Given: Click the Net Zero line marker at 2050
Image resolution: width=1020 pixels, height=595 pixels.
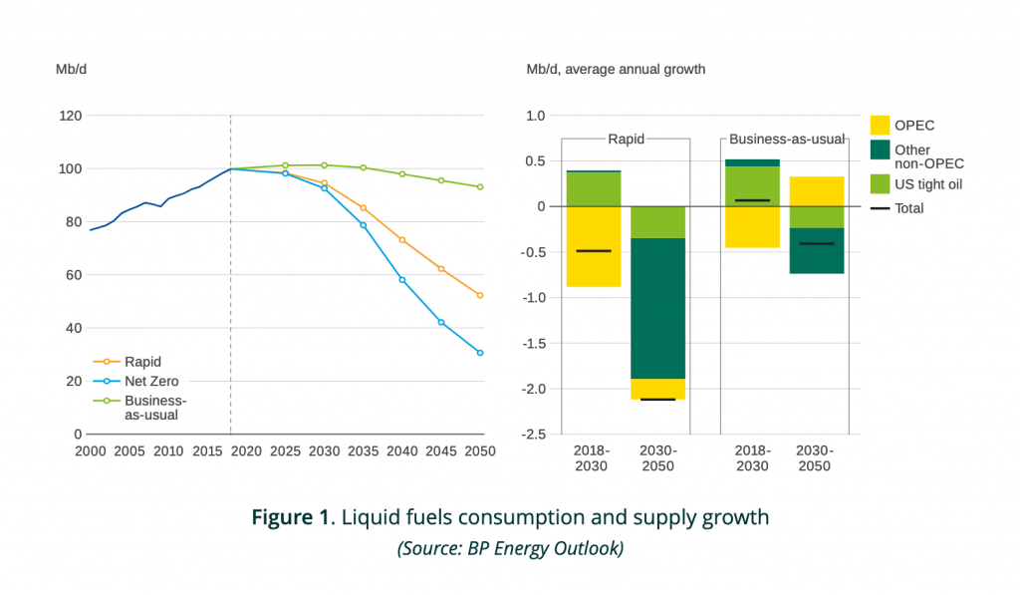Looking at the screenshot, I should (480, 353).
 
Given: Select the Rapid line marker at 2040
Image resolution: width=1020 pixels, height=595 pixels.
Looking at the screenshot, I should (402, 240).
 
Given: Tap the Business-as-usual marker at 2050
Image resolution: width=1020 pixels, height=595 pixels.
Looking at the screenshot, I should (480, 186).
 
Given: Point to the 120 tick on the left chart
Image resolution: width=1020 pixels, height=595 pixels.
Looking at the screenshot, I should (70, 116).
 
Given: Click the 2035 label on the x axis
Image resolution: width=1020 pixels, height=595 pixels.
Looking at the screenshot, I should (364, 451).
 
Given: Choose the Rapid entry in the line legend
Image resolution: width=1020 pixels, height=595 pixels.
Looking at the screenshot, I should (143, 362).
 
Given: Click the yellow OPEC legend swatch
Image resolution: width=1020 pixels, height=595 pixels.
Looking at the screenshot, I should (881, 126).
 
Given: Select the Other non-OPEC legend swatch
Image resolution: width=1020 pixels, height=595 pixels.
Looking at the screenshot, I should (881, 149).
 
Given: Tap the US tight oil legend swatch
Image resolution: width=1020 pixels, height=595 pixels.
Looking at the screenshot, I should (881, 183).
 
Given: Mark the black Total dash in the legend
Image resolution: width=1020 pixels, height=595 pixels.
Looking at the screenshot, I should (881, 208).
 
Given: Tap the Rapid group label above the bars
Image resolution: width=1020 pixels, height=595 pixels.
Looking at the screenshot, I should (626, 139).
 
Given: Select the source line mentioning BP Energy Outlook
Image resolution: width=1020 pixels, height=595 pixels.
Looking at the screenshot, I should (509, 548).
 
